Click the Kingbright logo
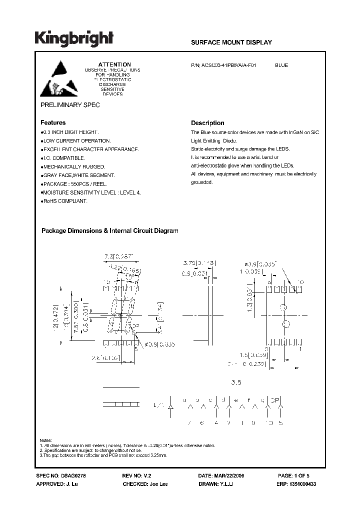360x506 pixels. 74,38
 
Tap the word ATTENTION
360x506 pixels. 114,64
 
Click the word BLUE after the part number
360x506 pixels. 281,65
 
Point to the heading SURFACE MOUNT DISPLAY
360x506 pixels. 231,42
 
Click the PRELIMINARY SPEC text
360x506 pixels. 70,105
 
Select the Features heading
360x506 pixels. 53,122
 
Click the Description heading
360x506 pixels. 207,123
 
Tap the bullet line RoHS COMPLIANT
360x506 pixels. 64,200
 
